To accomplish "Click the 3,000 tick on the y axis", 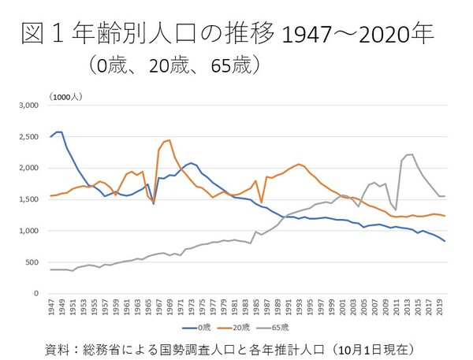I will tap(29, 105).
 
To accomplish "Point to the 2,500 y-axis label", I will tap(29, 136).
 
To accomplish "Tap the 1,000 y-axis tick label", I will tap(29, 231).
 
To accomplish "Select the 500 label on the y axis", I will tap(33, 262).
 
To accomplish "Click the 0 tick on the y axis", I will tap(37, 294).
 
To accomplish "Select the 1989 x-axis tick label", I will tap(277, 308).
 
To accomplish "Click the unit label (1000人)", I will tap(65, 95).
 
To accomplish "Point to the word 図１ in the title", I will tap(39, 35).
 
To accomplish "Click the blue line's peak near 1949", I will tap(59, 132).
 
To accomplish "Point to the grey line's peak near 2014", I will tap(411, 154).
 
